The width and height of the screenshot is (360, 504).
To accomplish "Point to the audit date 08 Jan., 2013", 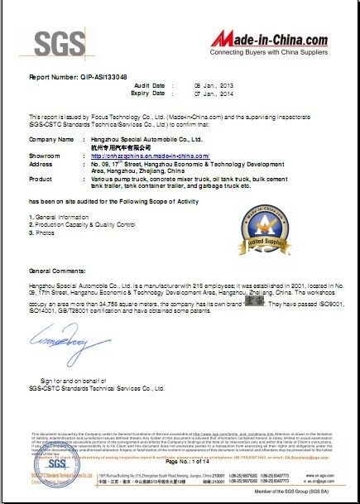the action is (x=213, y=85).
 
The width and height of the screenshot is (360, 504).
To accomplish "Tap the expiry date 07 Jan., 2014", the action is (x=213, y=94).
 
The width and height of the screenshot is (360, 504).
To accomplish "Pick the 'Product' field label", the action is (x=41, y=178).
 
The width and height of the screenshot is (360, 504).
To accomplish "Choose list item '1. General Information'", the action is (x=59, y=216).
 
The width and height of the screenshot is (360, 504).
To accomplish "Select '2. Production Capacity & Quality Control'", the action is (x=82, y=224).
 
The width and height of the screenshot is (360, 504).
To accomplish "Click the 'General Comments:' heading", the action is (x=57, y=271).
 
